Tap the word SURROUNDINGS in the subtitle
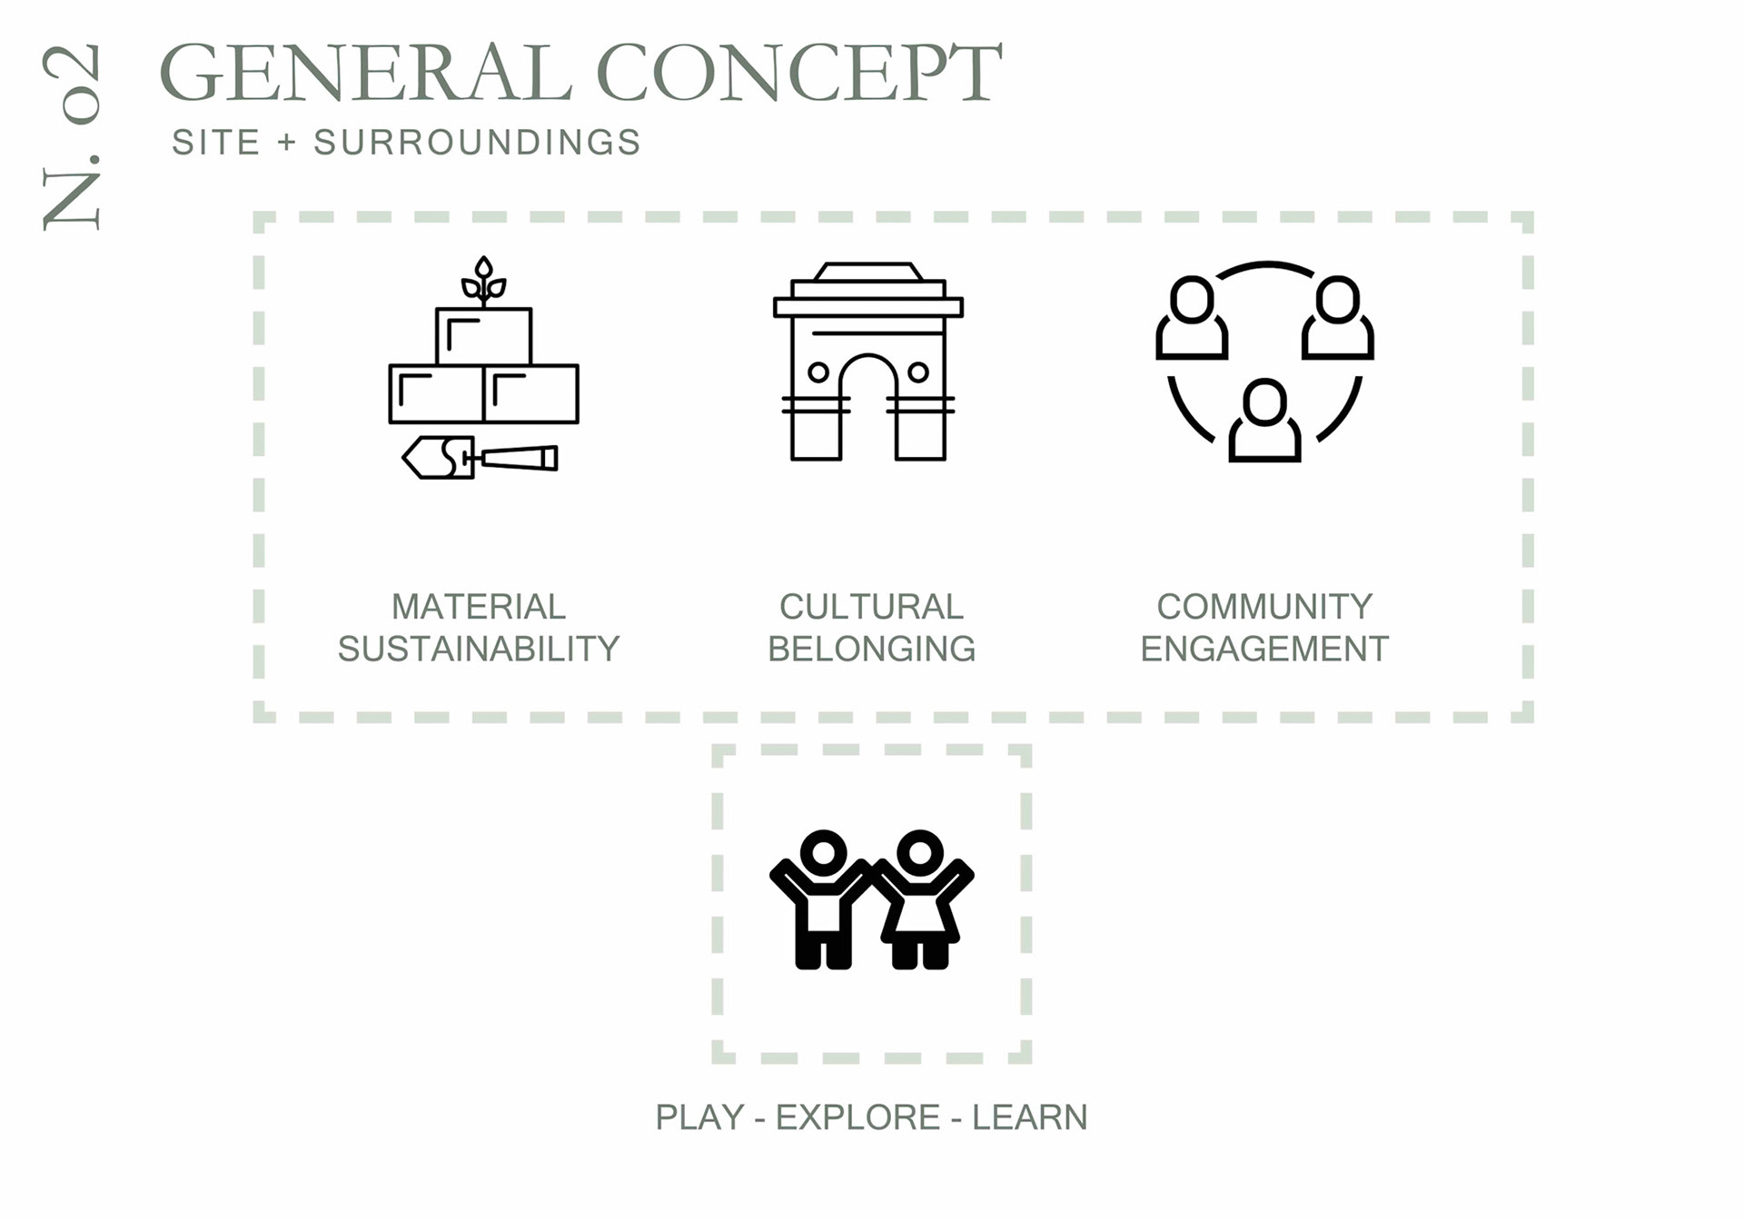point(478,143)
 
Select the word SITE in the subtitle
point(216,143)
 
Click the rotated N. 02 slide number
point(71,136)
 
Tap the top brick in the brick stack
point(483,336)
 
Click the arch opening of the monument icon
point(868,409)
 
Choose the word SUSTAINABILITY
point(479,649)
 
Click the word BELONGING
point(871,649)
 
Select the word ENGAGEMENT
point(1264,649)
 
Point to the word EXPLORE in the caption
point(857,1117)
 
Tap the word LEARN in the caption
point(1029,1117)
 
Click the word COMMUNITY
point(1264,606)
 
